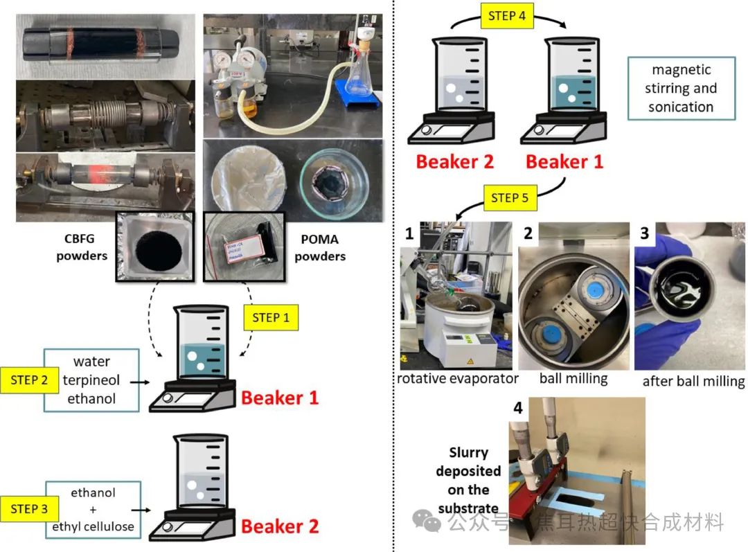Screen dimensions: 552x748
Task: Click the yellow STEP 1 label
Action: tap(271, 318)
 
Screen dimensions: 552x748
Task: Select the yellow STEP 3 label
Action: tap(29, 508)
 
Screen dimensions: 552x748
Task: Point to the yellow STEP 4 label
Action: tap(507, 15)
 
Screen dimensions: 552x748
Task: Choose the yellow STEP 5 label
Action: tap(509, 197)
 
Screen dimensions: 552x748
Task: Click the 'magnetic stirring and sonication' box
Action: tap(680, 88)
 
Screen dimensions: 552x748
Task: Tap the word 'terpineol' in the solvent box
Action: tap(91, 380)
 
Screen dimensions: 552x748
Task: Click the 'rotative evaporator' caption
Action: tap(457, 379)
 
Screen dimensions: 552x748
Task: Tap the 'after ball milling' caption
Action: tap(693, 382)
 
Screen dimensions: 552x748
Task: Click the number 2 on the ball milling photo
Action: tap(528, 233)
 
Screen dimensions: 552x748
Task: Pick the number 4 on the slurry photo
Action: tap(518, 409)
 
